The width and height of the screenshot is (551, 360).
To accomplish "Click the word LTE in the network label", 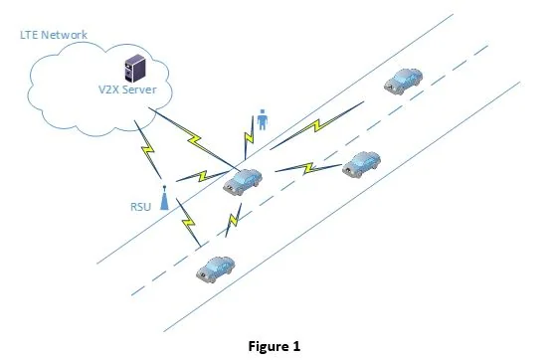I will click(30, 35).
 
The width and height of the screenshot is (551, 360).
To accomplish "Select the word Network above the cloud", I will click(65, 35).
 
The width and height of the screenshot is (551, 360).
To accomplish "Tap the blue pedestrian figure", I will click(263, 120).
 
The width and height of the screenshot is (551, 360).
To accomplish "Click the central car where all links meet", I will click(243, 181).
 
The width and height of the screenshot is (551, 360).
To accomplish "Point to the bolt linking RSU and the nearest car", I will click(188, 223).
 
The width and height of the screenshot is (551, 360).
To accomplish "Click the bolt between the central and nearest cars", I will click(235, 218).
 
